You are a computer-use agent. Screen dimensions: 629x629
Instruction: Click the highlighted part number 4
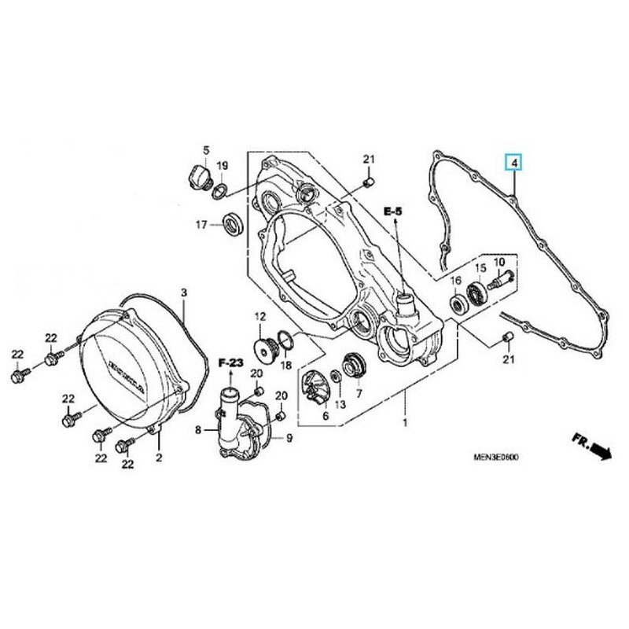[x=513, y=164]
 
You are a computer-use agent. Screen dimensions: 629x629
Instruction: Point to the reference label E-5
[x=392, y=212]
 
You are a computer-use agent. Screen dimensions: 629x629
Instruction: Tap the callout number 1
[x=405, y=424]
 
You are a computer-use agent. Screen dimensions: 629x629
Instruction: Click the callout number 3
[x=183, y=293]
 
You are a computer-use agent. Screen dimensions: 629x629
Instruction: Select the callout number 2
[x=159, y=457]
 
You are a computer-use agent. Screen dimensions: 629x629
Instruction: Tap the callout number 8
[x=198, y=429]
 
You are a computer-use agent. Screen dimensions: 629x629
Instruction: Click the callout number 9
[x=289, y=437]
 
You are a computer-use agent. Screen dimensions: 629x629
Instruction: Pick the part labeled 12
[x=264, y=347]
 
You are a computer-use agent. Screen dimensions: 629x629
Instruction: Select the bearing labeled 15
[x=476, y=295]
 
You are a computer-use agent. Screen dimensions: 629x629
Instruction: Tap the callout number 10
[x=498, y=262]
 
